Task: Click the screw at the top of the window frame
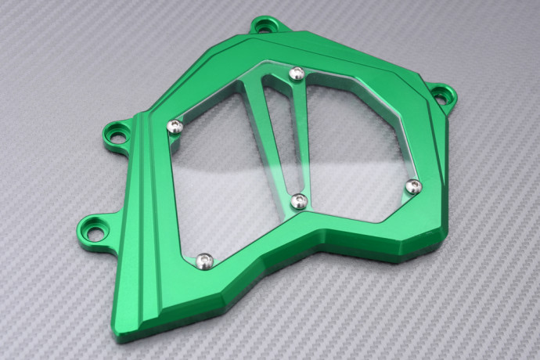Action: pyautogui.click(x=297, y=74)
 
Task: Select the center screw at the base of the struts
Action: pyautogui.click(x=298, y=202)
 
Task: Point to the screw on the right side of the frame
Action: pyautogui.click(x=414, y=186)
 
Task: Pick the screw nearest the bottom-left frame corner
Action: pyautogui.click(x=204, y=259)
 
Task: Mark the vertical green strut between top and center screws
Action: pyautogui.click(x=297, y=137)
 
